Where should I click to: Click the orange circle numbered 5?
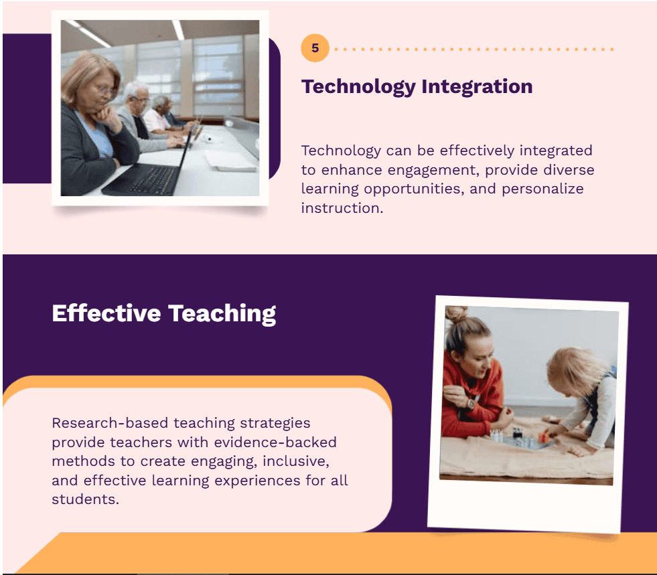(315, 48)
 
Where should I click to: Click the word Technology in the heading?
(359, 88)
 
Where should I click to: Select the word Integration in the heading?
(477, 88)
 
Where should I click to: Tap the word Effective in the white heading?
(106, 313)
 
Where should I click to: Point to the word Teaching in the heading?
(222, 314)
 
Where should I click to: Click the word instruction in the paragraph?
(342, 208)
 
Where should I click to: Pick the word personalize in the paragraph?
(542, 189)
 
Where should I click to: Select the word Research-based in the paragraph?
(110, 423)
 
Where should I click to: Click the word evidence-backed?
(275, 442)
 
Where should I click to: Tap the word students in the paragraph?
(86, 499)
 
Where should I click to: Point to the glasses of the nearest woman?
(104, 90)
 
